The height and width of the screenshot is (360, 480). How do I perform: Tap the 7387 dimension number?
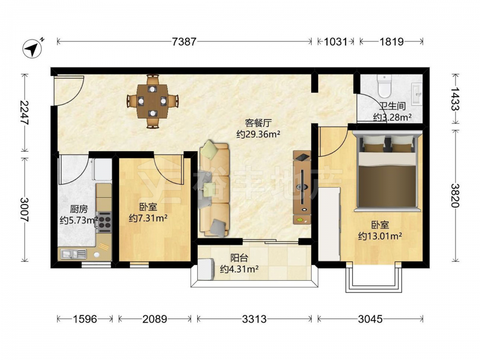[x=184, y=41]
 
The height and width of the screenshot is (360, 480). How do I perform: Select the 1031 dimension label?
[x=336, y=41]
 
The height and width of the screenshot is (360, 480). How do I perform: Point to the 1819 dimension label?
[x=392, y=41]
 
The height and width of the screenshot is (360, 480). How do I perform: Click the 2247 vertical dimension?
[x=24, y=113]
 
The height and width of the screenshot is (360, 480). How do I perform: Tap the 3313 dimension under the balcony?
[x=254, y=319]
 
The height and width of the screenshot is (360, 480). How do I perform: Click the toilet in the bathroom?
[x=384, y=86]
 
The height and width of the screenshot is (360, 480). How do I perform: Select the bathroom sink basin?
[x=417, y=94]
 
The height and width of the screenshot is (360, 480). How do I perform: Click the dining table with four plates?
[x=152, y=101]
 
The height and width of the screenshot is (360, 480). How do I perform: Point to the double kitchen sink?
[x=73, y=254]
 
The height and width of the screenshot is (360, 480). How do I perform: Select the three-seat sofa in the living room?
[x=214, y=190]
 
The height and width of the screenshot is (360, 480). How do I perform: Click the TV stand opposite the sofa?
[x=302, y=187]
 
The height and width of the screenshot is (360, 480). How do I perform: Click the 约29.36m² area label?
[x=258, y=134]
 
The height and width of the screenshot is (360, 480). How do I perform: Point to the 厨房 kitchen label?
[x=79, y=209]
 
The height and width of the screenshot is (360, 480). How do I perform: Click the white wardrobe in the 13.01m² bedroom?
[x=329, y=224]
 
